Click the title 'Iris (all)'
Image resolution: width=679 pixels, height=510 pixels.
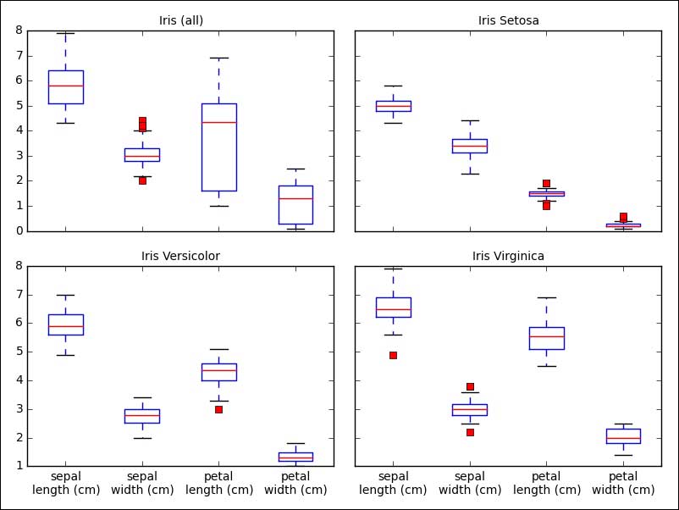181,20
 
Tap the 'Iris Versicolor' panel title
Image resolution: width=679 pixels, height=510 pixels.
181,256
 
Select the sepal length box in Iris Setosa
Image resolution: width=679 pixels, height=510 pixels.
394,106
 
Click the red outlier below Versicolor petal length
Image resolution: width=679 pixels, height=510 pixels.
218,409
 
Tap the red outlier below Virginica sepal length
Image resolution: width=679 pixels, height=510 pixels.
394,355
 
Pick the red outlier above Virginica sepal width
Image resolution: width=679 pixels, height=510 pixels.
470,386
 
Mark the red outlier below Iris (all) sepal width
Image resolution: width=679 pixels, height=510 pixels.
142,180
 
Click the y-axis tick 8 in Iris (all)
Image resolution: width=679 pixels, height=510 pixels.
19,30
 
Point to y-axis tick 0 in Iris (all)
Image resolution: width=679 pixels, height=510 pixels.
19,231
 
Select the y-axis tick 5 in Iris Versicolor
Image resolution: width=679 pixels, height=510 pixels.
19,352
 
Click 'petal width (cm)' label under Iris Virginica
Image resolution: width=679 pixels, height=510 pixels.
623,483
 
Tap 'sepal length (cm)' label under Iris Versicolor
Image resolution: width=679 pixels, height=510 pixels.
65,483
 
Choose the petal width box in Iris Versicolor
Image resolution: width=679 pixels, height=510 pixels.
295,457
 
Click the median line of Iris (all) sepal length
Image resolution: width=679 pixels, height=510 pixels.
65,86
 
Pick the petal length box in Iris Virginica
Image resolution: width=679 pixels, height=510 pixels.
547,338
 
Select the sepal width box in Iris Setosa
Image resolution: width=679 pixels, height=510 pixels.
470,146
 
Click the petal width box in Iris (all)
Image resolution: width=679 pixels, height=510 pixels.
295,204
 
